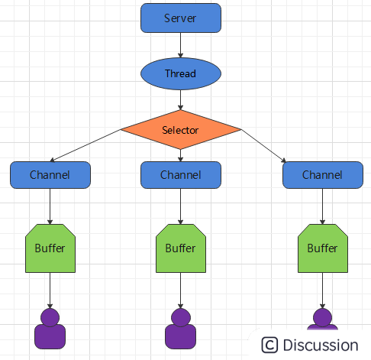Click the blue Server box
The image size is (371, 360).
(x=181, y=18)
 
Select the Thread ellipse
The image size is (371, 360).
(x=181, y=73)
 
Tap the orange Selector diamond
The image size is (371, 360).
(x=181, y=130)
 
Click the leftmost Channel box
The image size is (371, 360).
(x=50, y=175)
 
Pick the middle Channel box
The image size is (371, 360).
(x=181, y=175)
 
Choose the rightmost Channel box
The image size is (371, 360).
(x=323, y=175)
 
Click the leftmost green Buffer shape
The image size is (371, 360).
(x=50, y=248)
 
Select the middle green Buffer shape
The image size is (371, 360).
(x=181, y=248)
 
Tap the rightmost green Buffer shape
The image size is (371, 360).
(x=323, y=248)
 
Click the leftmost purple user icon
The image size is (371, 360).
(x=50, y=329)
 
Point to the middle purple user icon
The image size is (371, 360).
(x=181, y=329)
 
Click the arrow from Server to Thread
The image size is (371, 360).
(x=181, y=45)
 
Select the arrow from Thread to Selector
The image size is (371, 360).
(x=181, y=100)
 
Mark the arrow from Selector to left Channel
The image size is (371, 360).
(x=85, y=145)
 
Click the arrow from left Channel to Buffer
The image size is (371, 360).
(x=50, y=206)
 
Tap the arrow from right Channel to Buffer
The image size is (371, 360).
(x=323, y=206)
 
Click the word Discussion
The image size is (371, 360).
(x=321, y=345)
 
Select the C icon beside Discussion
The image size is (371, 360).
(x=269, y=345)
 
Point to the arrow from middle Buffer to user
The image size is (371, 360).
(x=181, y=290)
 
